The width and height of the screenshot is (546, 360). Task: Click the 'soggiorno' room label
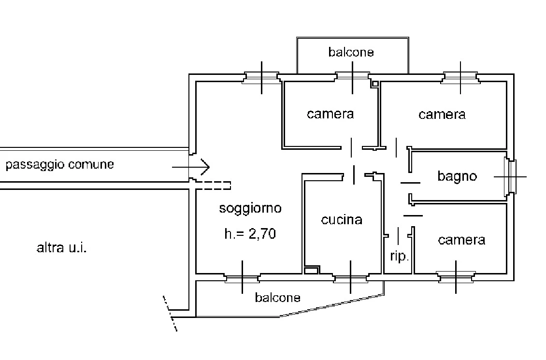tap(250, 209)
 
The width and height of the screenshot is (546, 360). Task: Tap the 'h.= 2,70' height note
tap(250, 235)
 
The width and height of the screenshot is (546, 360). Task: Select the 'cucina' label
tap(342, 220)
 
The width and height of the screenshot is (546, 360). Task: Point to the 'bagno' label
tap(457, 176)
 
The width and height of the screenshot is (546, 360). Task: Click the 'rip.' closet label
tap(399, 256)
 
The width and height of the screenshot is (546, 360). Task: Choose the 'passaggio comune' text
tap(60, 165)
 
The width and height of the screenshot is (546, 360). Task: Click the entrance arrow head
tap(205, 168)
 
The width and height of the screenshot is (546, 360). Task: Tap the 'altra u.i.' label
tap(61, 249)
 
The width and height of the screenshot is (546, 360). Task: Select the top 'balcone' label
tap(351, 52)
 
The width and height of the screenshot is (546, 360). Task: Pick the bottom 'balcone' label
tap(277, 298)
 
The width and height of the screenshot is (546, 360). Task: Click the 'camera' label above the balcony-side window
tap(330, 114)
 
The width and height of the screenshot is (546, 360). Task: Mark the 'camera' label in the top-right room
tap(442, 115)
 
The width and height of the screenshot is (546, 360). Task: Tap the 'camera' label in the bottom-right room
tap(461, 240)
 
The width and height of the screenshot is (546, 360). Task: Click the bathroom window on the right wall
tap(510, 176)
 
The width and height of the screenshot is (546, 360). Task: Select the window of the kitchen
tap(350, 278)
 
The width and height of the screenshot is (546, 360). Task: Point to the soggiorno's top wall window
tap(261, 77)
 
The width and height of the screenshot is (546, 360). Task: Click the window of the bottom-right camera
tap(456, 277)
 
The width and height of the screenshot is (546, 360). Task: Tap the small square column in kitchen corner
tap(311, 270)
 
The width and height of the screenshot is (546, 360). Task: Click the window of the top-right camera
tap(460, 77)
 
